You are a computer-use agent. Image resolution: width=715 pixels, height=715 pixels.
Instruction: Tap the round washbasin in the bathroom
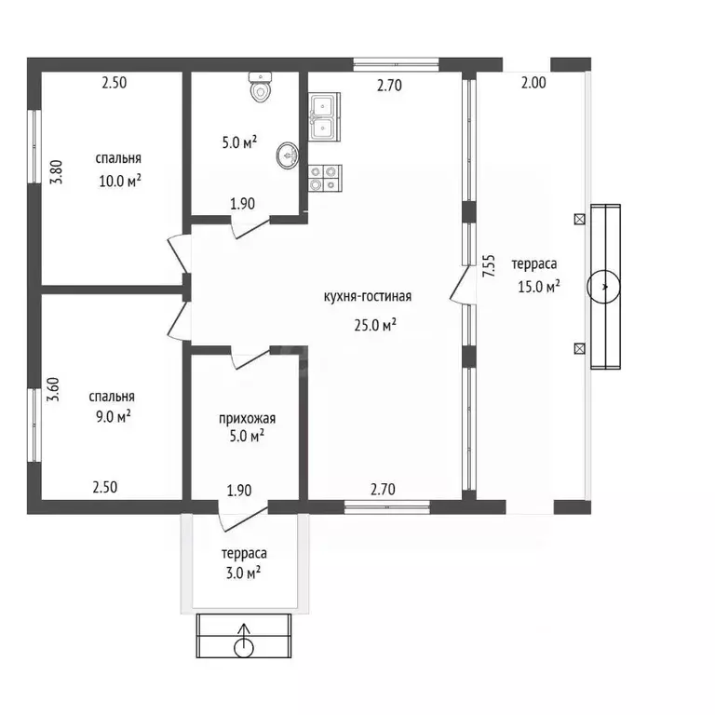[288, 155]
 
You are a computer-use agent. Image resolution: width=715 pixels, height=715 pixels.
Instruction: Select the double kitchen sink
[324, 116]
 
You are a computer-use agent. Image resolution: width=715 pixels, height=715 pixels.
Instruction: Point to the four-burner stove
[325, 178]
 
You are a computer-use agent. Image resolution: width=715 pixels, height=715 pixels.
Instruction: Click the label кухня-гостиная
[368, 296]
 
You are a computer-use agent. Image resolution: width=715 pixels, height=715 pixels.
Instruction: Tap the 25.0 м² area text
[375, 325]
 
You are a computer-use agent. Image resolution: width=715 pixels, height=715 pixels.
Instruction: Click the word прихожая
[247, 418]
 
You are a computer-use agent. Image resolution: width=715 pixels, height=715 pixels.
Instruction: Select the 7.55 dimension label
[489, 266]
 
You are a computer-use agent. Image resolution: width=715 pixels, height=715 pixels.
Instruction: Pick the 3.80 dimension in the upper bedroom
[57, 172]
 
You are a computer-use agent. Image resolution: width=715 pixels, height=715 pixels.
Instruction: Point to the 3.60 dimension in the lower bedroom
[53, 389]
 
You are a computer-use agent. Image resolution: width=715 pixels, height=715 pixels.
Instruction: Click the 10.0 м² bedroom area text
[120, 181]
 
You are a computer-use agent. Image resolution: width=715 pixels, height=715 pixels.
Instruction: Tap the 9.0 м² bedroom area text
[113, 416]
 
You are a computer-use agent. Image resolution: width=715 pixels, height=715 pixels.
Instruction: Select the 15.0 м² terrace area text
[539, 287]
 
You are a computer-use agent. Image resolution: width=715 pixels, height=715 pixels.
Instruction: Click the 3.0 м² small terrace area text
[244, 573]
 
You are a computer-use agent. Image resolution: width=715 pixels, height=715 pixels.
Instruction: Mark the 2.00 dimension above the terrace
[533, 83]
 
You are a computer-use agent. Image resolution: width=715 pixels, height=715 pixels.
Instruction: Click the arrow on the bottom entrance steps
[244, 635]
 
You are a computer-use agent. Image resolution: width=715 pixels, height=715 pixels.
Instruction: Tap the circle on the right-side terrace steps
[603, 287]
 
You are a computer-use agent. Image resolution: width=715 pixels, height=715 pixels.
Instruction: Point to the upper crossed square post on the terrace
[579, 220]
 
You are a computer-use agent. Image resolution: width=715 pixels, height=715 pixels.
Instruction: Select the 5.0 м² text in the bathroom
[239, 142]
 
